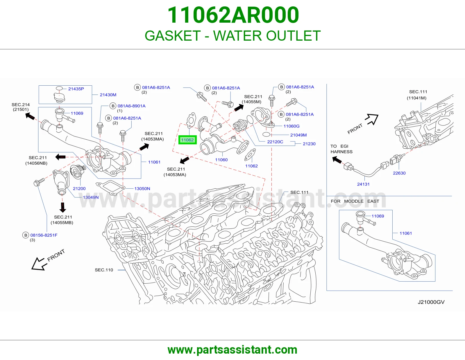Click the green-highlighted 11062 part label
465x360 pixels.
click(187, 140)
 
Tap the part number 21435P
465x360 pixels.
click(76, 89)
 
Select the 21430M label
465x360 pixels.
click(108, 95)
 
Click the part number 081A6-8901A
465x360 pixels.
click(131, 106)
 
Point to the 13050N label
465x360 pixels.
click(142, 188)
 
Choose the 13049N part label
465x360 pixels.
click(91, 197)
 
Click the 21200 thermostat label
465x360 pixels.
click(79, 188)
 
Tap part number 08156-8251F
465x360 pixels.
click(44, 235)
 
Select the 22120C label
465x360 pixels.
click(275, 142)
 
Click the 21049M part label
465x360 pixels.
click(298, 135)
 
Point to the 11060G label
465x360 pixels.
click(291, 126)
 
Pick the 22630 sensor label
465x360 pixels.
click(399, 173)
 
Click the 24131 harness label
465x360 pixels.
click(363, 184)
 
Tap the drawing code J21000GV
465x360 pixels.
click(431, 302)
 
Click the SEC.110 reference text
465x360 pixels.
click(104, 270)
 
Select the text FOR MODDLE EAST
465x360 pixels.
click(355, 201)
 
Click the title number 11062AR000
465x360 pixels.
click(233, 15)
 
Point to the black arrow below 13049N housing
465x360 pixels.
click(62, 207)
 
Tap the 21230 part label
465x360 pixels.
click(309, 144)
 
